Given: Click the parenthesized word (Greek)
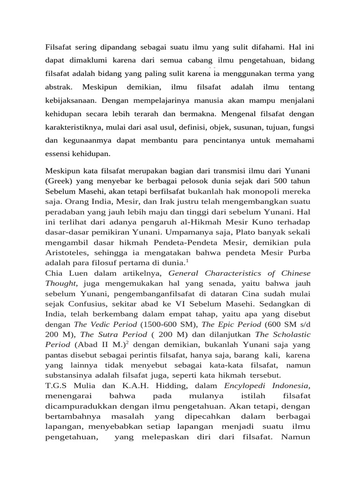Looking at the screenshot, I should pyautogui.click(x=59, y=181).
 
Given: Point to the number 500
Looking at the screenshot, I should pyautogui.click(x=283, y=181).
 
